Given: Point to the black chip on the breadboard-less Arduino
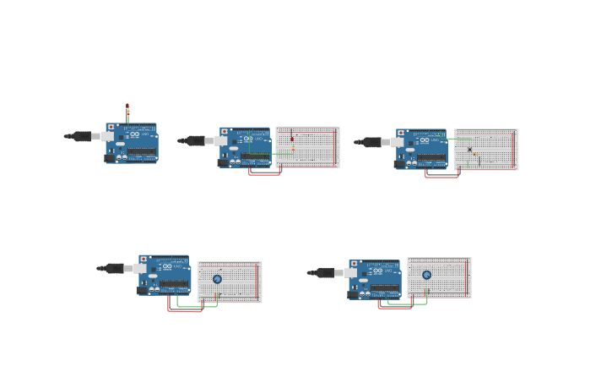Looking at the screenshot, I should coord(142,156).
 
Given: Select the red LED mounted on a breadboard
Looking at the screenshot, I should coord(292,138).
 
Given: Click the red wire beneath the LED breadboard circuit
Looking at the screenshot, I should coord(264,174).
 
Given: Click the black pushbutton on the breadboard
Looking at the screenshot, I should coord(469,150).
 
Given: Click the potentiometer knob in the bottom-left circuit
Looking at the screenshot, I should coord(217,279).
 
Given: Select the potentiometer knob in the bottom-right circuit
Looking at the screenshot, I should coord(426,275).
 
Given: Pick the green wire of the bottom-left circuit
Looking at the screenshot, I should coord(198,306).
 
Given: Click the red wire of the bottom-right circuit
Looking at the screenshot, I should coord(394,307).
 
